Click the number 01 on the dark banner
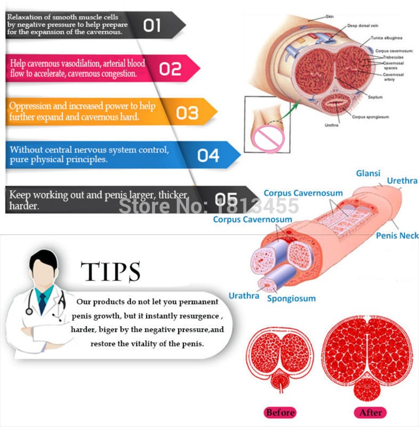click(x=152, y=25)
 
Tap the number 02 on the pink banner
click(x=171, y=69)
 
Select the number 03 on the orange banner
click(x=187, y=113)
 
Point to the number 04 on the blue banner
click(x=208, y=155)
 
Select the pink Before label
click(x=280, y=413)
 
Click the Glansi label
click(x=367, y=173)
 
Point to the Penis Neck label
click(x=397, y=235)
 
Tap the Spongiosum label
click(x=291, y=298)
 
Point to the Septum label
click(x=375, y=97)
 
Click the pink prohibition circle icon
click(x=269, y=139)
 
